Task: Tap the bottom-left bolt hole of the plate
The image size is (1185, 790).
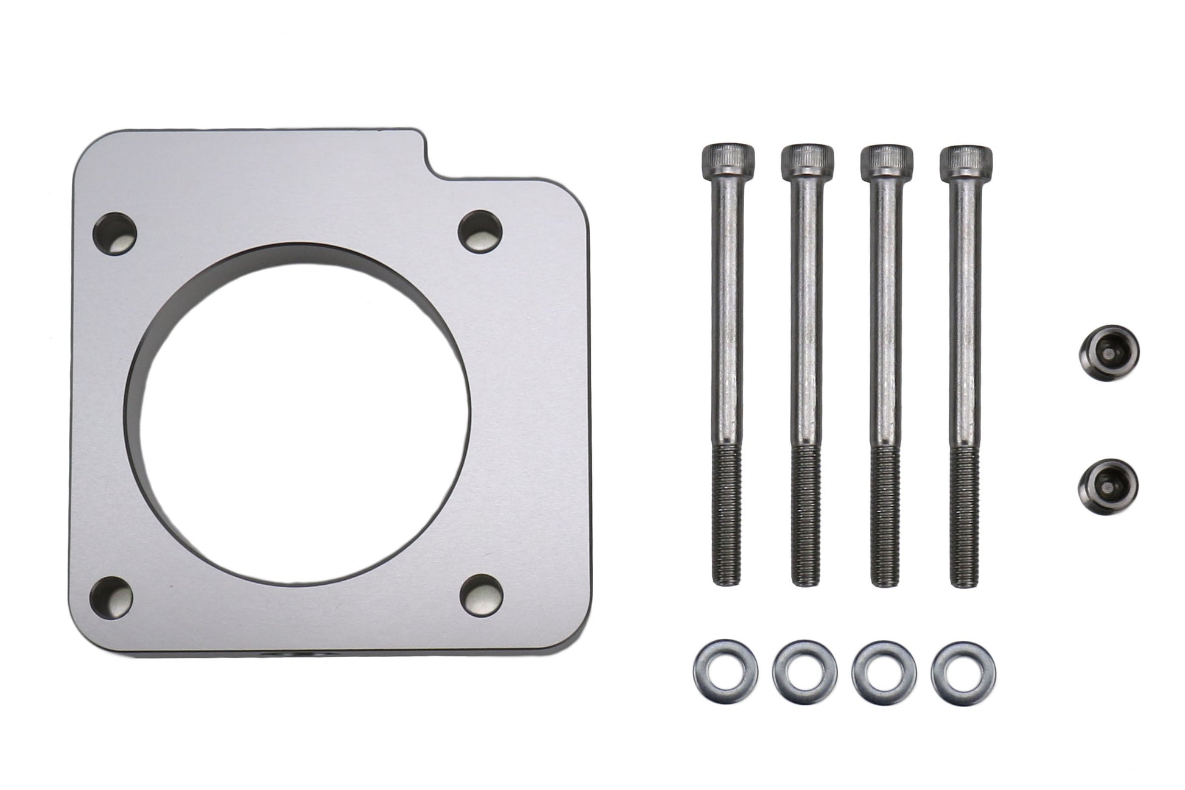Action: [111, 596]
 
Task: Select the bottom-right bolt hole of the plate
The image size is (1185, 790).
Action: [482, 594]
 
